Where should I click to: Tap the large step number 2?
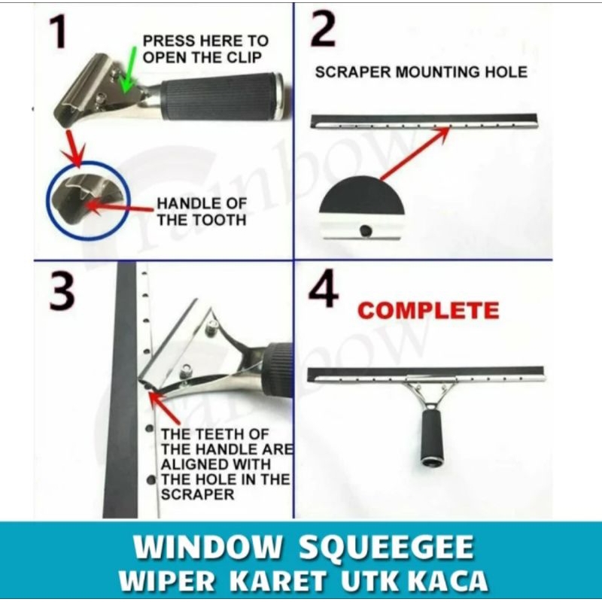(x=324, y=30)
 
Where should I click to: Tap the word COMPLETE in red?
(x=428, y=311)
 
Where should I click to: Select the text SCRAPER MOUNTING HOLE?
(x=421, y=72)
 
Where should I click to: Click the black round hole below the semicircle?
(x=366, y=230)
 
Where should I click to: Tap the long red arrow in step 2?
(x=415, y=154)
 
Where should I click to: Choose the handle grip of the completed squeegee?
(x=432, y=437)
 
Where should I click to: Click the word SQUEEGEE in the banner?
(x=386, y=547)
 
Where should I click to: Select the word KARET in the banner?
(x=278, y=580)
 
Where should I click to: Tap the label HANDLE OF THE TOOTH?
(x=202, y=211)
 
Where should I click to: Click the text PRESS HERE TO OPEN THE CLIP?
(x=205, y=49)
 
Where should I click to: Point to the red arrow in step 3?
(x=165, y=408)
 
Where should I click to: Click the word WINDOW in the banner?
(x=208, y=547)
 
